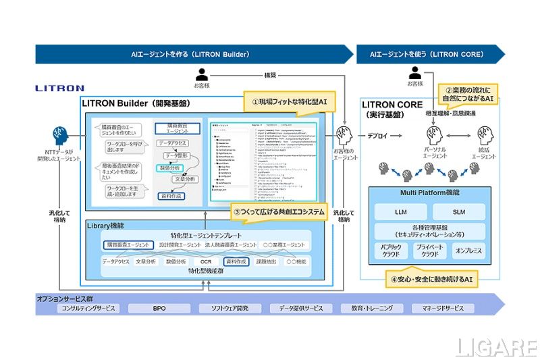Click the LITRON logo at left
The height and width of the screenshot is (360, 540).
click(59, 88)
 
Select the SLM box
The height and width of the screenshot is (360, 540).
click(459, 212)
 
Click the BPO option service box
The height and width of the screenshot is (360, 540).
click(159, 308)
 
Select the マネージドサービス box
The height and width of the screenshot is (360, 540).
click(440, 308)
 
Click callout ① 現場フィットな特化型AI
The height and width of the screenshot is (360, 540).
click(289, 102)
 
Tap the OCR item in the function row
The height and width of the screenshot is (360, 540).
click(206, 261)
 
